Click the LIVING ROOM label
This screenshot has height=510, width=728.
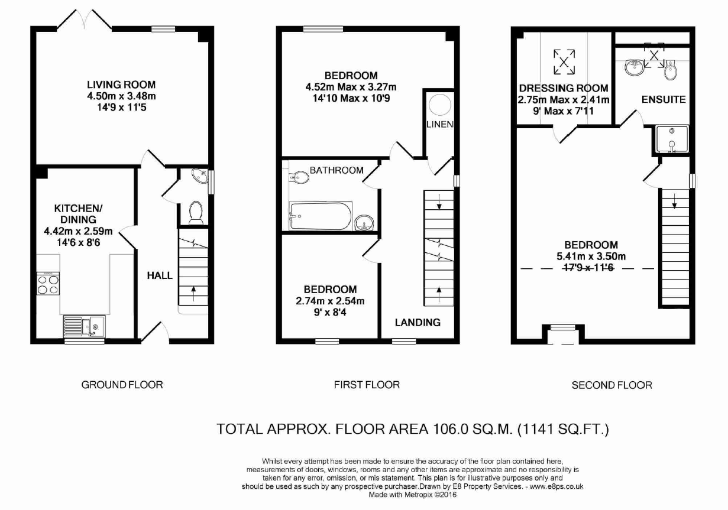121,85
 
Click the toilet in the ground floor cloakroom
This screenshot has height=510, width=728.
194,212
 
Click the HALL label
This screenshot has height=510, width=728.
159,275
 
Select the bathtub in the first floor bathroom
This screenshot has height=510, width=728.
320,217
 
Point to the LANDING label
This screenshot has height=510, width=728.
418,322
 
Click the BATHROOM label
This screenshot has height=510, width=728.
337,170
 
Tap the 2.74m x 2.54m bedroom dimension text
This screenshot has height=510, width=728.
330,301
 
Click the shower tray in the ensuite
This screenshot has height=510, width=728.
672,139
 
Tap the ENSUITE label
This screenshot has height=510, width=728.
664,99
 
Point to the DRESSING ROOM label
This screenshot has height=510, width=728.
564,88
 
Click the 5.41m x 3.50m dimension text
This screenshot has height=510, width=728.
591,256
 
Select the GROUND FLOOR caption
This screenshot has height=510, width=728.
122,385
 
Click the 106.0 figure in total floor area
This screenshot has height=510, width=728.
446,429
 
